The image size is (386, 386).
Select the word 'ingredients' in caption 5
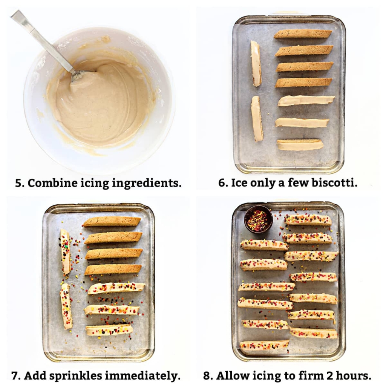click(x=147, y=184)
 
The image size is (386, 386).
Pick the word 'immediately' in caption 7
click(x=143, y=376)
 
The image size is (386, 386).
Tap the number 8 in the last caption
click(x=207, y=376)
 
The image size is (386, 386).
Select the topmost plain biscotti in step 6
click(x=303, y=34)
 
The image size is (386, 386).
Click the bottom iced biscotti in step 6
click(x=300, y=145)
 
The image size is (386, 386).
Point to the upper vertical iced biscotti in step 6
click(x=256, y=63)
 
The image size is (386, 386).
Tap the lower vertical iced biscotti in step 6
click(x=257, y=119)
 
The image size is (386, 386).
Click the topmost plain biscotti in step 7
click(x=112, y=222)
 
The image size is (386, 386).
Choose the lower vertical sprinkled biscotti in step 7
click(x=66, y=306)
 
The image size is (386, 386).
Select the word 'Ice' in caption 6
click(x=238, y=183)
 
